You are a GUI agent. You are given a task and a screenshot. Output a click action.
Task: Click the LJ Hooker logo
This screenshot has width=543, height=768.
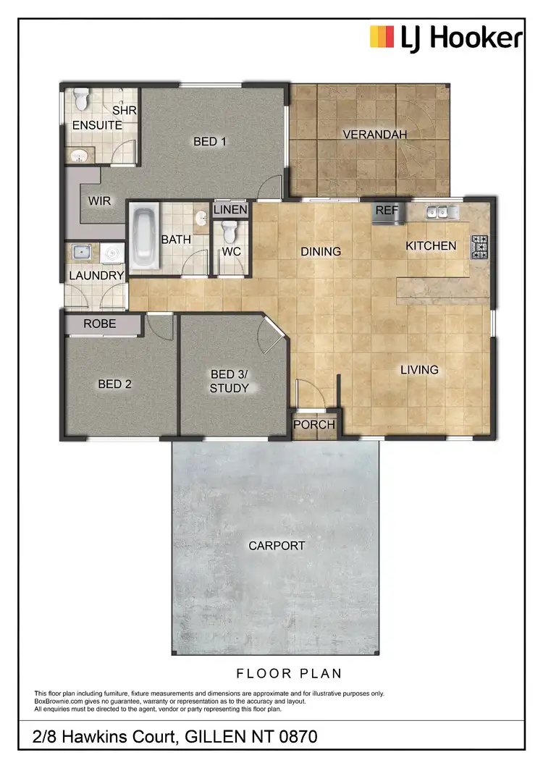point(445,37)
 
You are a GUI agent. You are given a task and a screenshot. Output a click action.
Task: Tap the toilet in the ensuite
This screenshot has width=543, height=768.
point(81,96)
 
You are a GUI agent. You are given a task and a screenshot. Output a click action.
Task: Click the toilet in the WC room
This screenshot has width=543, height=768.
point(230,232)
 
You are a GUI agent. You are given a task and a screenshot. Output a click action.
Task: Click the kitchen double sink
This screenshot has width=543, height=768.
point(442,212)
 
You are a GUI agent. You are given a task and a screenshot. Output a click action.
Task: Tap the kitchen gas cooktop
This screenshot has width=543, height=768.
point(479,246)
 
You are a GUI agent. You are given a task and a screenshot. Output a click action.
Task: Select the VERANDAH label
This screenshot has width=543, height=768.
point(375,135)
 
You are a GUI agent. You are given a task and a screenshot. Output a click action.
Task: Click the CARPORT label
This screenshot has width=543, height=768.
point(277,546)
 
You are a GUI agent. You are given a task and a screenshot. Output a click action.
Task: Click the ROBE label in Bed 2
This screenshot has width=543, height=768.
point(100,324)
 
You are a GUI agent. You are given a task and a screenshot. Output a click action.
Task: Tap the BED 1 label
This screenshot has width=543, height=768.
point(210,142)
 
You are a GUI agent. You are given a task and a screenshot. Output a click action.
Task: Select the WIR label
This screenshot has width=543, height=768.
point(99,201)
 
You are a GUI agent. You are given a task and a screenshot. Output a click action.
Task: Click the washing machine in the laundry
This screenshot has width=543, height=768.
point(112,253)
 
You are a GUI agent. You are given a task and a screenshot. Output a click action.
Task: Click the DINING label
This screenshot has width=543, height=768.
point(321,252)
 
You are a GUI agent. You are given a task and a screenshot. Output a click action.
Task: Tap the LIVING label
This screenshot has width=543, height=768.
point(420,370)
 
